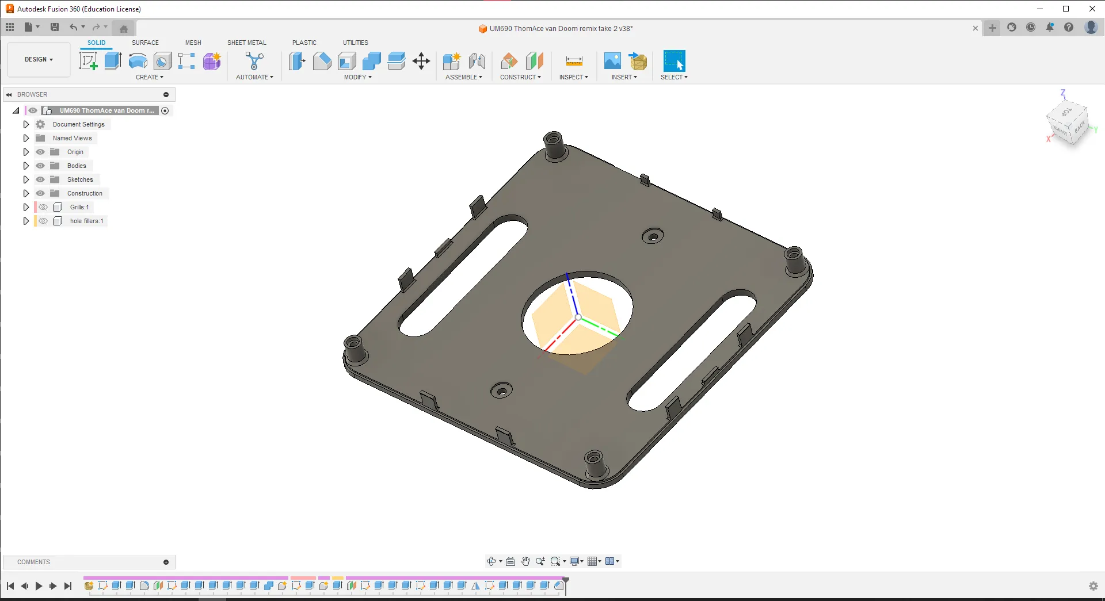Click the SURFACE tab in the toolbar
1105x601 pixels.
tap(145, 43)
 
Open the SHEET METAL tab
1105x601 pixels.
tap(246, 43)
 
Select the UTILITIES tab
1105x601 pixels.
tap(355, 43)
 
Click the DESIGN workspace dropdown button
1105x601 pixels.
tap(39, 59)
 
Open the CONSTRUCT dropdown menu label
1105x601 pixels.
tap(520, 77)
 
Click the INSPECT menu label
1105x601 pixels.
tap(573, 77)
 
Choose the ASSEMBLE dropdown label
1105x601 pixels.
tap(463, 77)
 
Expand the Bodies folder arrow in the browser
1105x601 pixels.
tap(26, 166)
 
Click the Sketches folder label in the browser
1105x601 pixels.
tap(80, 179)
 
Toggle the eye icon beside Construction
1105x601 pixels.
tap(40, 193)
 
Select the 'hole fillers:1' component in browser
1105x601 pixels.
tap(86, 221)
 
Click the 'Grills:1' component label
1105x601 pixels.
tap(79, 207)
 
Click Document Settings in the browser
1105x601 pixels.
tap(78, 124)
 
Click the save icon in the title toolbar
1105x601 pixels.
tap(55, 27)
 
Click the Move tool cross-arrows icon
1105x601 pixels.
tap(421, 61)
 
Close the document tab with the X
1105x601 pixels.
tap(976, 28)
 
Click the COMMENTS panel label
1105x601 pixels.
tap(33, 562)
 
